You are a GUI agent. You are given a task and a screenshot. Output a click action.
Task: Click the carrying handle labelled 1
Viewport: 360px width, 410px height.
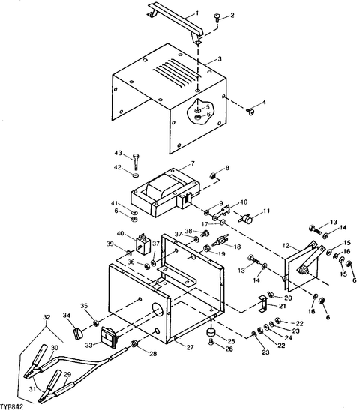coord(175,20)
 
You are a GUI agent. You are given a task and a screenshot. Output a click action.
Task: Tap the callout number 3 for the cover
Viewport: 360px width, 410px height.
coord(220,59)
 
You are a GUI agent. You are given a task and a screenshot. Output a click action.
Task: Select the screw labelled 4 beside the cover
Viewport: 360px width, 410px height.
coord(251,112)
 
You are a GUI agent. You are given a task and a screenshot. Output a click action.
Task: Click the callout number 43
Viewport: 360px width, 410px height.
coord(118,152)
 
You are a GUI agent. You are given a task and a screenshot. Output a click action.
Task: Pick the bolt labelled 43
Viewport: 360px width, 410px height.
coord(136,162)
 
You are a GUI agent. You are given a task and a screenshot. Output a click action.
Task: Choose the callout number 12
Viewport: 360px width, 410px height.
coord(286,246)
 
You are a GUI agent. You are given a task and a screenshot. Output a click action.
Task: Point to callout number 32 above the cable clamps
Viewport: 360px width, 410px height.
coord(46,317)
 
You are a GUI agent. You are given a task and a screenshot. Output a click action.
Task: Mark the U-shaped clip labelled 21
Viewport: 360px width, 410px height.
coord(262,303)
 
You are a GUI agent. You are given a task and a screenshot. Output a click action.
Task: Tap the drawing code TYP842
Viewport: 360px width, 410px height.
coord(12,406)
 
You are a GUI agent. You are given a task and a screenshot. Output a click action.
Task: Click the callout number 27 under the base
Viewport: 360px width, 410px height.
coord(190,347)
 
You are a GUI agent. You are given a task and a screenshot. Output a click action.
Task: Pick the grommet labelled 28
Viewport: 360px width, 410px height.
coord(135,343)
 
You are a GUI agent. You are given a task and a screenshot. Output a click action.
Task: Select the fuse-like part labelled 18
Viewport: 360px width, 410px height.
coord(220,241)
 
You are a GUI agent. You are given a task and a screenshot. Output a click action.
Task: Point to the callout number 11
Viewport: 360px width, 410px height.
coord(266,211)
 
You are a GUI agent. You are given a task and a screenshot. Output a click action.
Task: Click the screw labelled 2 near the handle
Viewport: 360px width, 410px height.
coord(217,18)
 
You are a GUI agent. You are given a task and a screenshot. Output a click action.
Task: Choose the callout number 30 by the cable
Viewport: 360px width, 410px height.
coord(55,348)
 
